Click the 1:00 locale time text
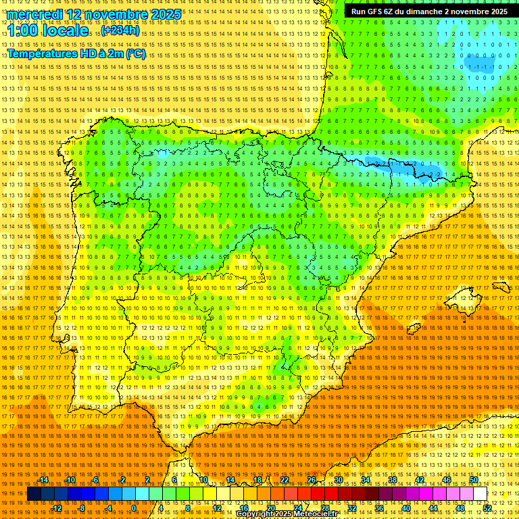click(46, 30)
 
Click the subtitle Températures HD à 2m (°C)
click(76, 54)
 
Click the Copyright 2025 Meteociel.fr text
click(287, 514)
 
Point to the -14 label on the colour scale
click(43, 480)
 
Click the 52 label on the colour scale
click(487, 508)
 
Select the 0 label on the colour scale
click(134, 508)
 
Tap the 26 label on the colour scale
click(312, 480)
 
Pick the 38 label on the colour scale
click(392, 480)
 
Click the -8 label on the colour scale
click(82, 508)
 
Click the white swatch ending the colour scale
click(480, 494)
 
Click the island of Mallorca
click(464, 297)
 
